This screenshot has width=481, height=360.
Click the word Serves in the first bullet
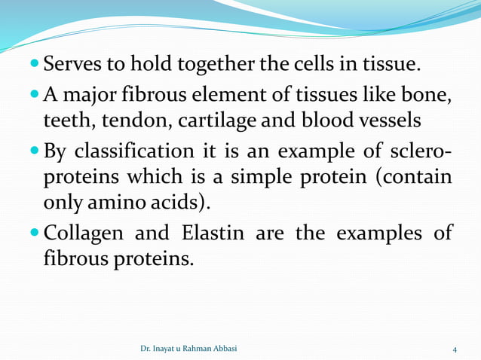pyautogui.click(x=74, y=66)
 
